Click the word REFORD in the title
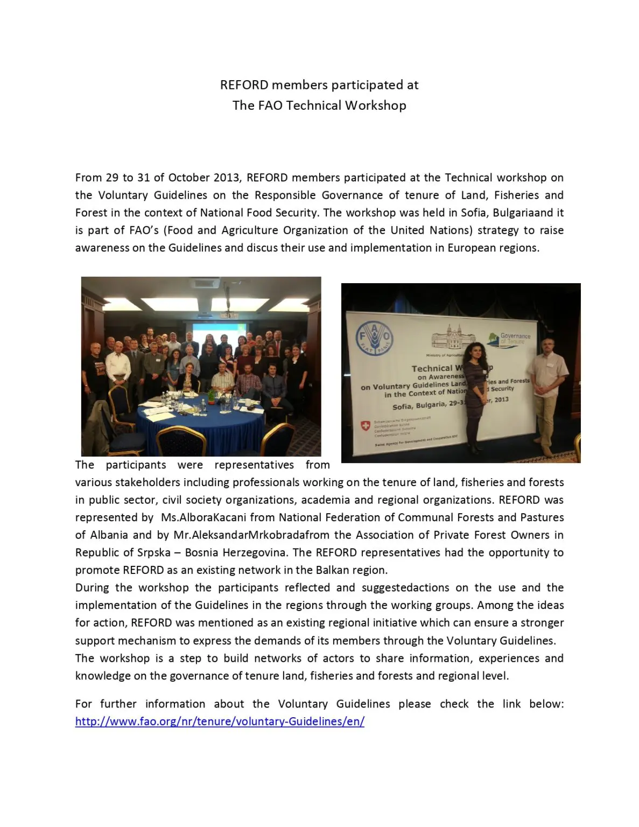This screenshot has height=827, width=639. coord(244,85)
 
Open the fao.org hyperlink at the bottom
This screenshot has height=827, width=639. coord(220,721)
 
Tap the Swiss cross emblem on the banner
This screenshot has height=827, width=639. coord(365,426)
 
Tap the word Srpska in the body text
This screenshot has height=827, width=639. coord(154,553)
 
